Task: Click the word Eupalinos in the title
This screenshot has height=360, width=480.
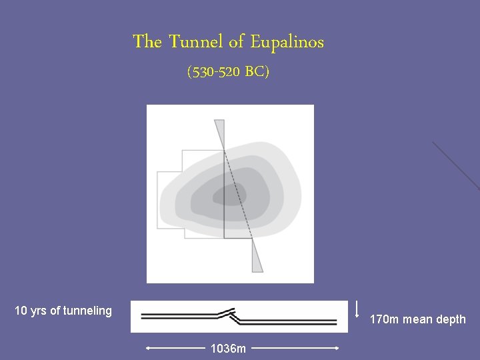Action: (287, 42)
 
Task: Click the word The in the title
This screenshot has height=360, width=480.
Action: (147, 42)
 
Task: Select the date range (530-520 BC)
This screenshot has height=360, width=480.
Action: (229, 72)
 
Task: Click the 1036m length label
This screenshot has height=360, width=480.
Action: (228, 348)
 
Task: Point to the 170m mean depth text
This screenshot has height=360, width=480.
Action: (418, 319)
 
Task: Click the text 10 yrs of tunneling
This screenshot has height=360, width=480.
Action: (63, 310)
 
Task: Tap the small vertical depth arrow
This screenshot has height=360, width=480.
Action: (358, 309)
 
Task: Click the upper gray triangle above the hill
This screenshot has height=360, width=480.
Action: (219, 133)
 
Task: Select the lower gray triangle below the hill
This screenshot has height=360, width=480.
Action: (257, 256)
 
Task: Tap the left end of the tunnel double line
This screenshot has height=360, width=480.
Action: (143, 315)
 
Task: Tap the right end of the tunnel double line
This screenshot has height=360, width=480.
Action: (336, 320)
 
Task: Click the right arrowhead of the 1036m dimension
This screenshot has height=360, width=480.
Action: (338, 348)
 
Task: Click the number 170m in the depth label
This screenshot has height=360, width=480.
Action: (385, 319)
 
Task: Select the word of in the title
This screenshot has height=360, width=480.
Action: (237, 42)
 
